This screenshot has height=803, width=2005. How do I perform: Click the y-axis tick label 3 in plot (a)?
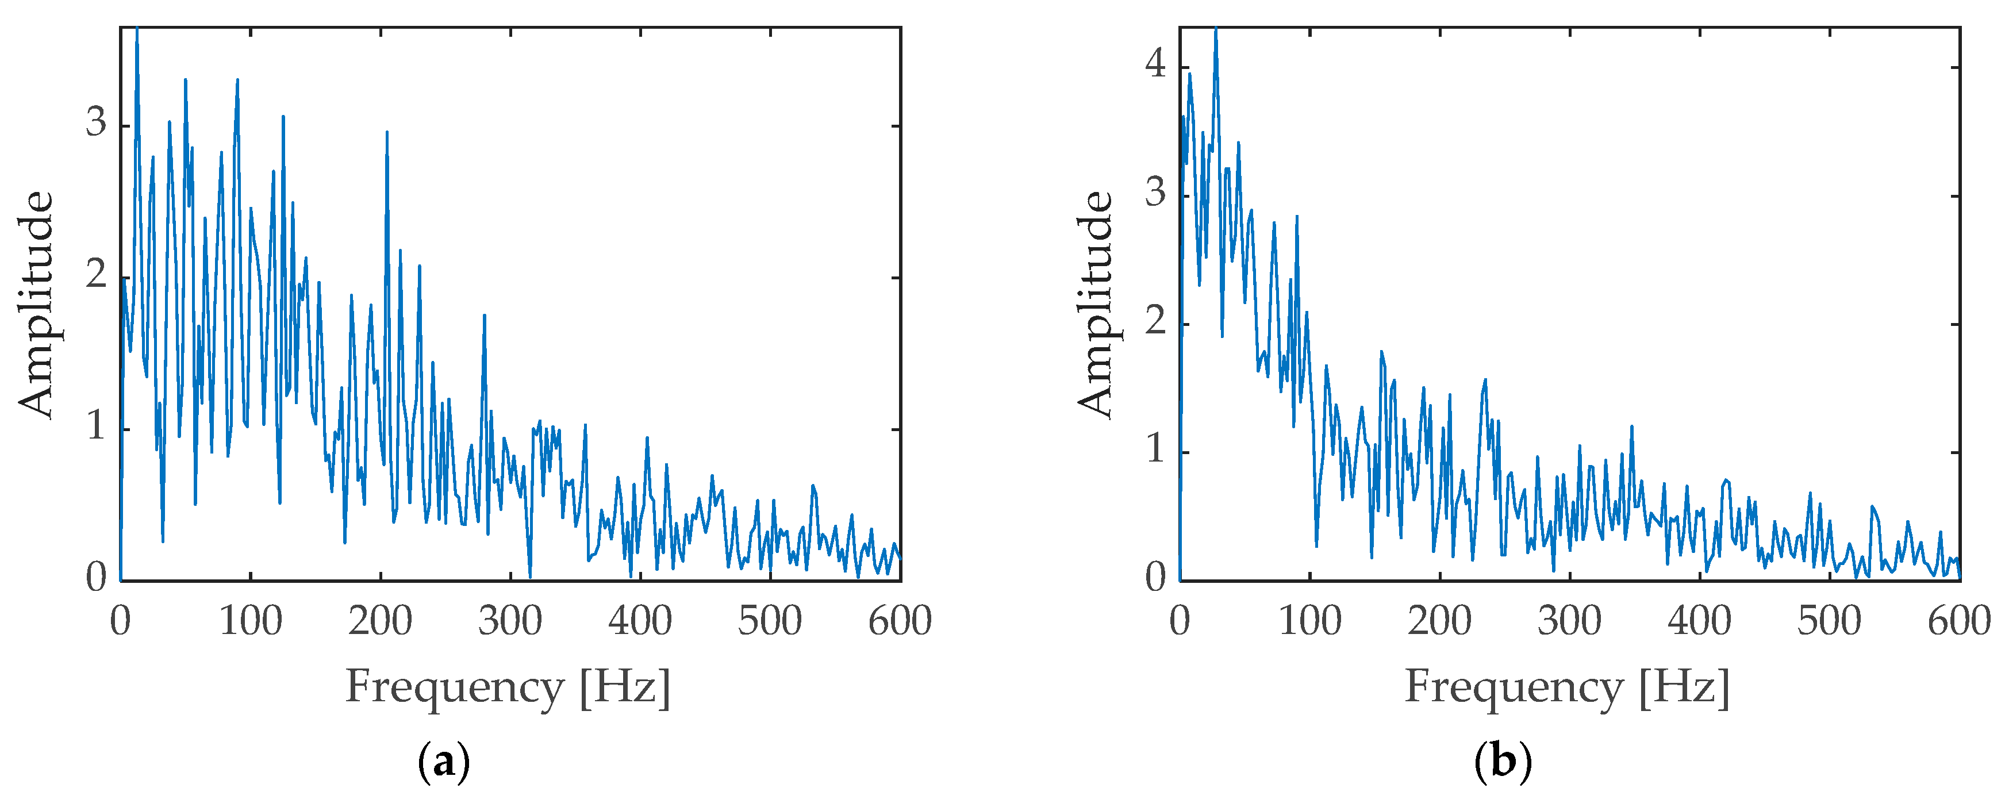[x=97, y=123]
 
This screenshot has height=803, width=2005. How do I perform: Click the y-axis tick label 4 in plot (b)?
[x=1156, y=64]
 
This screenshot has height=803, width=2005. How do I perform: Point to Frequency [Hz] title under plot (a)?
[x=508, y=688]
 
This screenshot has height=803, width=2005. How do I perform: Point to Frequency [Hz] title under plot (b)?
[x=1567, y=688]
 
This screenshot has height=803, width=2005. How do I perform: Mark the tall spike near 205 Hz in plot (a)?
[x=387, y=134]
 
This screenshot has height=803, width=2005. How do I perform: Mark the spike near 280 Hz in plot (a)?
[x=484, y=317]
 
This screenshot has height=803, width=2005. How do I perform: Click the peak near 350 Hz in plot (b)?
[x=1631, y=427]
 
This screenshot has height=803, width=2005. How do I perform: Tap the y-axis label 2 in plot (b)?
[x=1156, y=321]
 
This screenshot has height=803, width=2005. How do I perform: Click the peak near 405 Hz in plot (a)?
[x=647, y=439]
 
